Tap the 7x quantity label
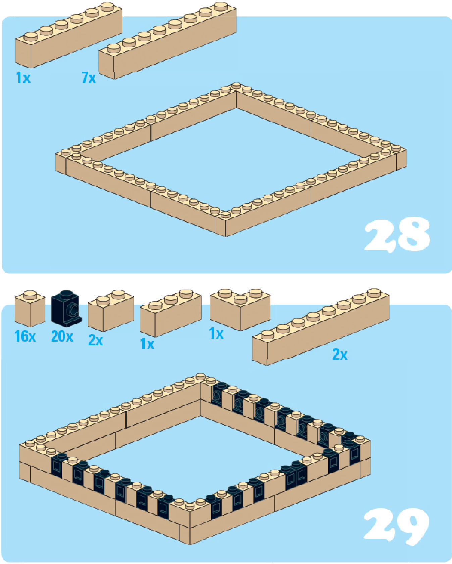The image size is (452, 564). coord(89,78)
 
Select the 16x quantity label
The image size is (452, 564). coord(25,336)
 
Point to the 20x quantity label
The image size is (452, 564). coord(62,336)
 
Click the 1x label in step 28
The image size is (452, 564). coord(23,78)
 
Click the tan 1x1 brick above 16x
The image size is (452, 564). coord(30,309)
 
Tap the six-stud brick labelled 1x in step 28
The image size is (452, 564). coord(69,35)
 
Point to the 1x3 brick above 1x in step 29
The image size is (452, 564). coord(171,313)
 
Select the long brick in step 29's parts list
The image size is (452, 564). coord(321,327)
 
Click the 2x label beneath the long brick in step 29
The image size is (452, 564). coord(340,355)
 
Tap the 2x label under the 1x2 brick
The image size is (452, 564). coord(96,340)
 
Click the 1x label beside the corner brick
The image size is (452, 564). coord(216,333)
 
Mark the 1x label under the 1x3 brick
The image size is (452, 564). coord(147,344)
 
